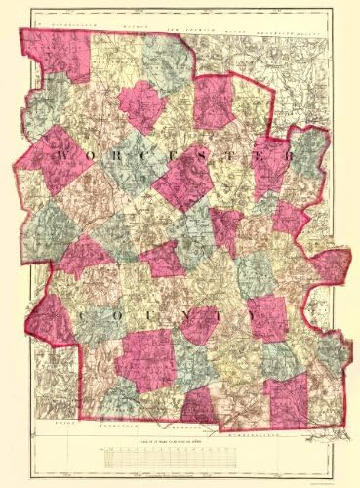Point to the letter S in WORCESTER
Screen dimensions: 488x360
pos(207,156)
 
